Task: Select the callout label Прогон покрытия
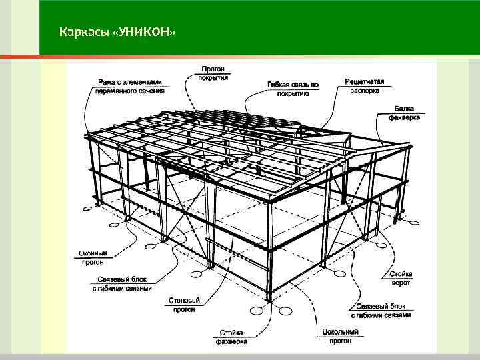click(213, 73)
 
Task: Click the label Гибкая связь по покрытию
click(294, 89)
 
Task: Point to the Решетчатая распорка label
click(365, 85)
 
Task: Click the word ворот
click(401, 282)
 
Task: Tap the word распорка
click(365, 89)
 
